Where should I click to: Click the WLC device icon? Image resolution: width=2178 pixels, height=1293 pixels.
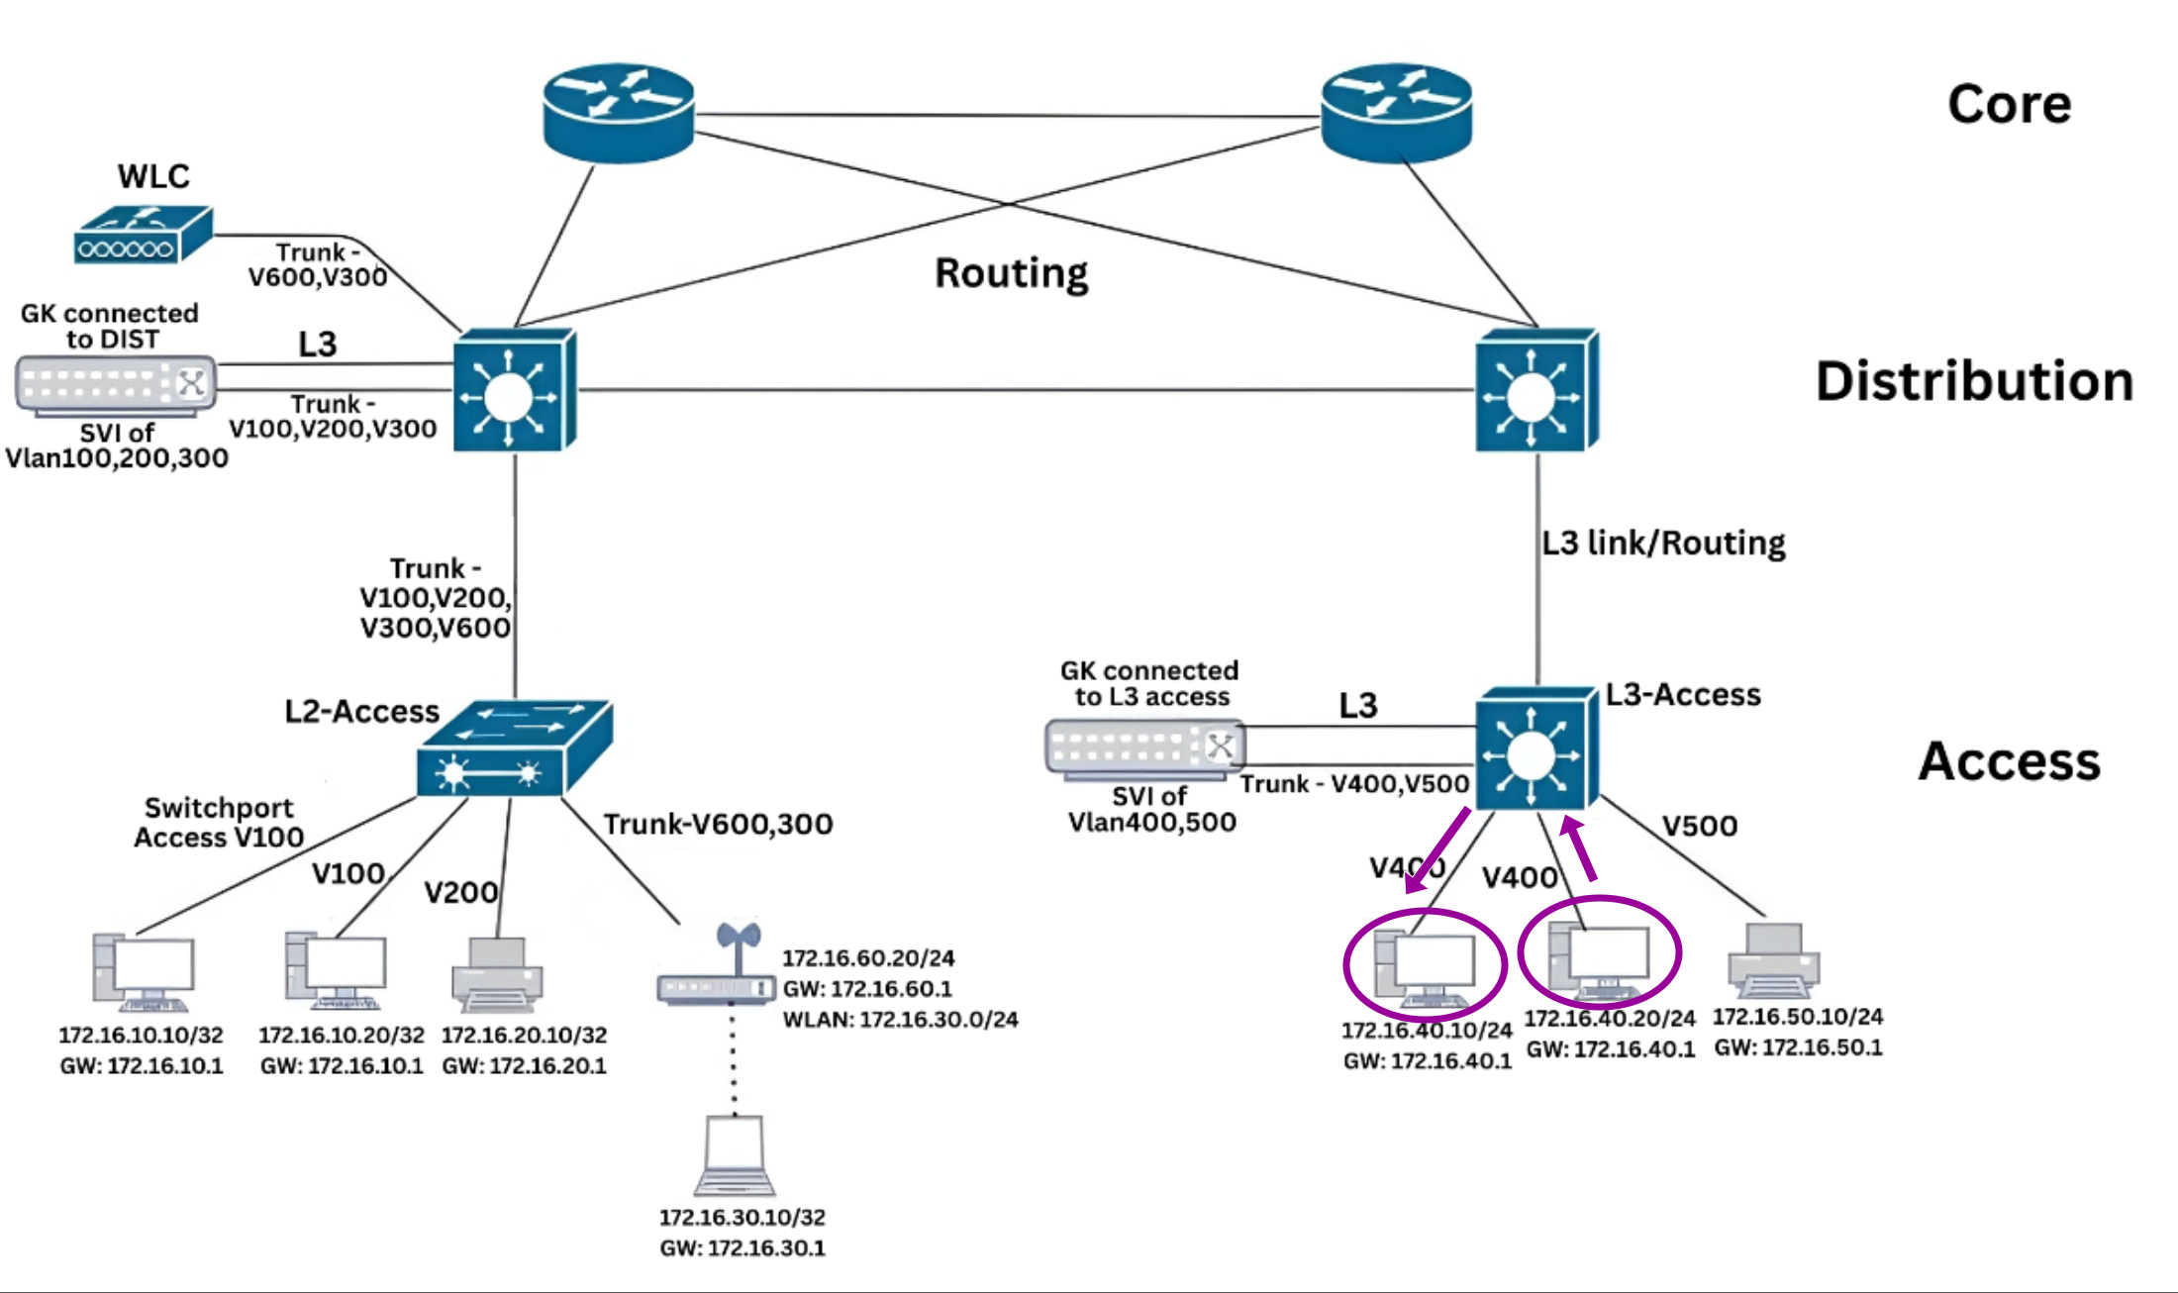point(143,235)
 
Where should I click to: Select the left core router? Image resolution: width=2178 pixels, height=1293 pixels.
point(619,113)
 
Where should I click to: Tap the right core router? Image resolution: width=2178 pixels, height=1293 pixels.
point(1396,113)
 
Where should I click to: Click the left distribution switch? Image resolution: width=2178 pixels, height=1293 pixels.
point(514,390)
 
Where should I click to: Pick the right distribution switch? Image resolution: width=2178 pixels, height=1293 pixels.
point(1535,390)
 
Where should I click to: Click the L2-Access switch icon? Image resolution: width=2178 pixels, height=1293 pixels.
point(514,749)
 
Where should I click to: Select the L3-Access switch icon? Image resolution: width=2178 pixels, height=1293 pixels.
point(1535,749)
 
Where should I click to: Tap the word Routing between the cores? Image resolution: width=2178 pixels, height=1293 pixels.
point(1011,272)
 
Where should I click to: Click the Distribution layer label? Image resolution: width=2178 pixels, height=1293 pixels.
point(1973,381)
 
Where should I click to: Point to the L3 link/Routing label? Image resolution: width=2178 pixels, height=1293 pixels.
point(1663,543)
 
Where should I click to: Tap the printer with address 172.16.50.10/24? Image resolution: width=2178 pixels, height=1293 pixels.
point(1773,960)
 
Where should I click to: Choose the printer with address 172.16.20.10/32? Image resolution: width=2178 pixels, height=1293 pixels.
point(497,974)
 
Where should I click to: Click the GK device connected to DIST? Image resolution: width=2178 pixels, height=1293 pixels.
point(116,384)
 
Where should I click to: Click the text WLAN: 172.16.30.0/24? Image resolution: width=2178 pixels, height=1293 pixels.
point(900,1019)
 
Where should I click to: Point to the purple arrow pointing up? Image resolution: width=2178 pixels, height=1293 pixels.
point(1580,847)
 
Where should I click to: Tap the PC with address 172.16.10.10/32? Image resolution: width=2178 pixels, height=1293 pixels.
point(144,971)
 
